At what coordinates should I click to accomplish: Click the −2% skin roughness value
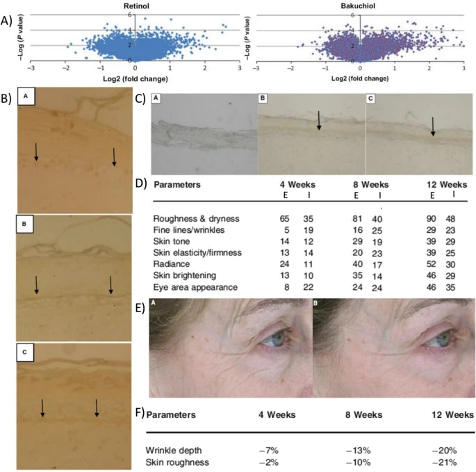290,460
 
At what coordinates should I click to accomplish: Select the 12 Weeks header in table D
448,185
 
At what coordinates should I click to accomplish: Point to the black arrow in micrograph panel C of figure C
433,126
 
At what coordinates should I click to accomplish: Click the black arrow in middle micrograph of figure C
319,120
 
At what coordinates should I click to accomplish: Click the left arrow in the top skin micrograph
37,152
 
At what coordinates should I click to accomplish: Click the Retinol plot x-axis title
135,77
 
